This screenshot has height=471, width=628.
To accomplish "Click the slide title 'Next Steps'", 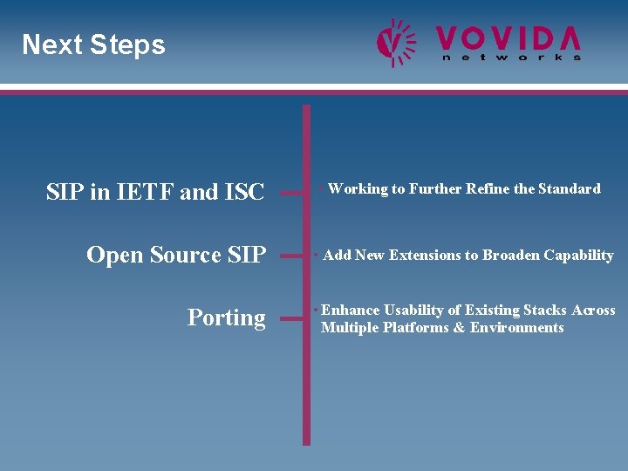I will [x=93, y=44].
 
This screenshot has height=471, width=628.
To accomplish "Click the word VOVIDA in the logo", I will [x=509, y=38].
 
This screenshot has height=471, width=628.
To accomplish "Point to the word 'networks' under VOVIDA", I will [x=511, y=58].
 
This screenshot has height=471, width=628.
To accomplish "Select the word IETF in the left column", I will [x=147, y=192].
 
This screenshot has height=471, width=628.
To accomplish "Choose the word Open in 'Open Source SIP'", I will [x=115, y=256].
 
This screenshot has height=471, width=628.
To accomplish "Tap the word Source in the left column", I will [x=186, y=256].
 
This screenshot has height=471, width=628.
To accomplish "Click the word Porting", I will [x=226, y=318].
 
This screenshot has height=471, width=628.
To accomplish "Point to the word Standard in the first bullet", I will [x=570, y=188].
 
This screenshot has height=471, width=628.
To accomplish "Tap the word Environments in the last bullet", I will [x=517, y=328].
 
